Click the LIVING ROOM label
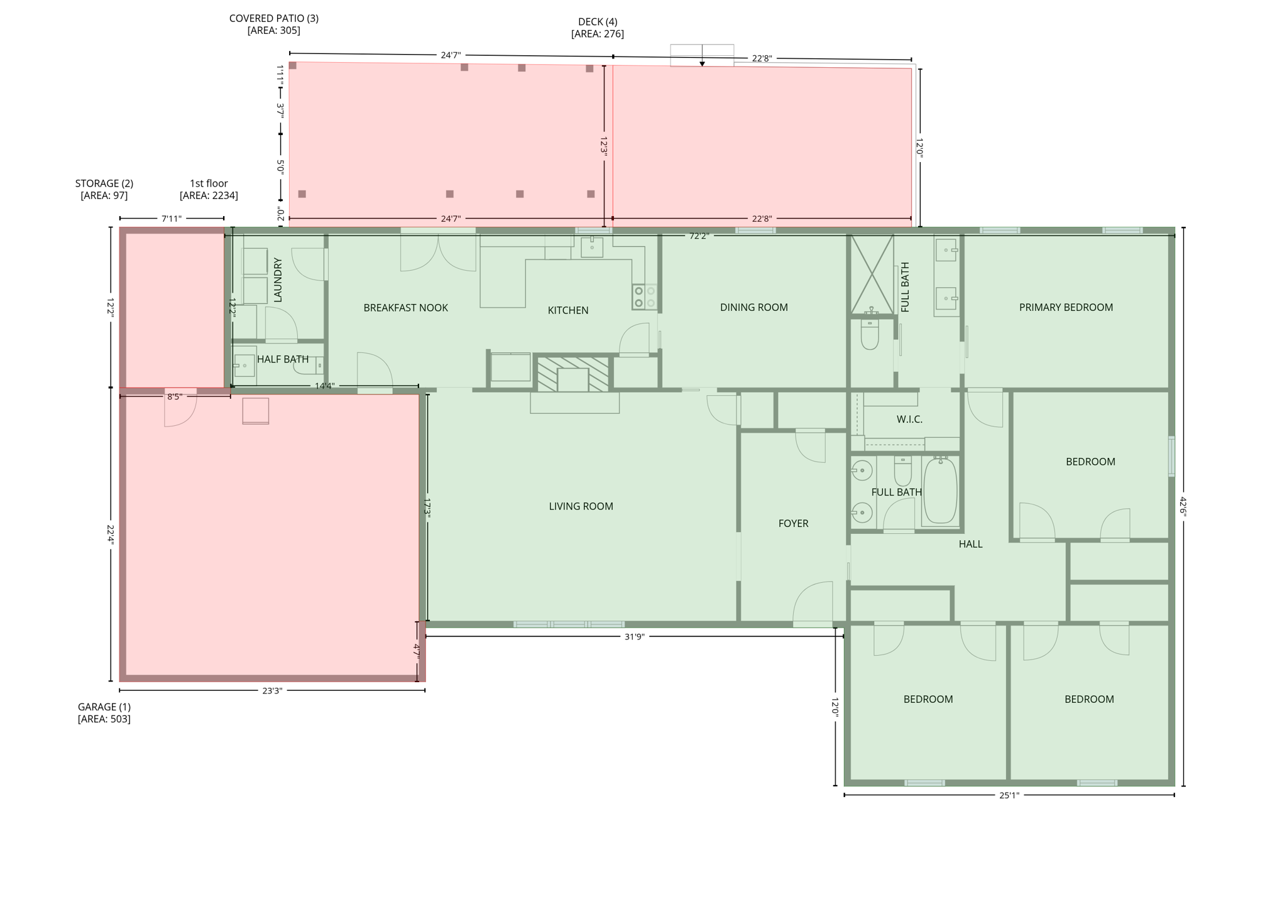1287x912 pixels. [x=581, y=506]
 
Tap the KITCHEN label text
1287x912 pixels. [x=567, y=310]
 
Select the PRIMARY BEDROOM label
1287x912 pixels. [x=1065, y=307]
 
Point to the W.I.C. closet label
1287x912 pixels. [x=909, y=420]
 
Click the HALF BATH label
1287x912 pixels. [x=282, y=359]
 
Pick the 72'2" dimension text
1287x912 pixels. [x=699, y=236]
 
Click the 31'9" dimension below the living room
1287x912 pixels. [x=634, y=637]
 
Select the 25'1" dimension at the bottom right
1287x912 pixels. [x=1009, y=795]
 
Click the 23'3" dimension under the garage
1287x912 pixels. [x=271, y=691]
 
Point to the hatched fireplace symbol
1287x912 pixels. [x=572, y=374]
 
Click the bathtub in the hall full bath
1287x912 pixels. [x=940, y=492]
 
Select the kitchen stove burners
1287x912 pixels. [x=644, y=297]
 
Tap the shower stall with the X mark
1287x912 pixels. [x=872, y=274]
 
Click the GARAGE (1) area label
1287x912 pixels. [x=104, y=707]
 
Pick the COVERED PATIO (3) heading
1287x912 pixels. [x=273, y=18]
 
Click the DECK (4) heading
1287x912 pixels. [x=597, y=22]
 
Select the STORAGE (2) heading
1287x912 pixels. [x=104, y=183]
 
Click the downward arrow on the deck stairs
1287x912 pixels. [x=702, y=63]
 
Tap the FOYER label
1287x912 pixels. [x=793, y=523]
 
